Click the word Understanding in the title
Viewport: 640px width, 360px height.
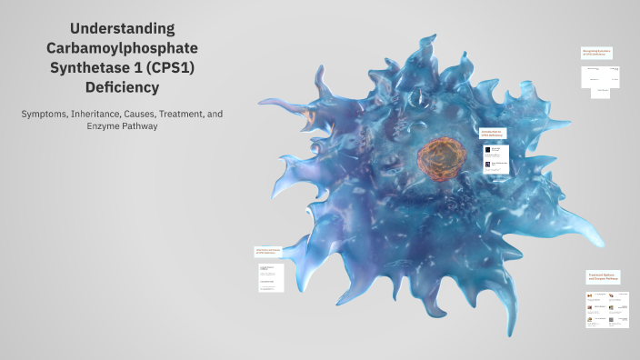tap(122, 29)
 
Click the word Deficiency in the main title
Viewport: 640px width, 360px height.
tap(122, 88)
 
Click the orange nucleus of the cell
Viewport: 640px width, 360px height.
tap(442, 155)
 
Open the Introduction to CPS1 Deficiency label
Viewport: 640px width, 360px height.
tap(492, 133)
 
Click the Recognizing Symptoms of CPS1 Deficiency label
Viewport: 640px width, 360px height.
tap(595, 54)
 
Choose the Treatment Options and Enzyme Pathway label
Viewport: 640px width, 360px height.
tap(603, 277)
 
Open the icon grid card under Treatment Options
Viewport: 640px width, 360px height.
tap(605, 309)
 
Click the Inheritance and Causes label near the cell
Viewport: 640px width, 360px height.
tap(268, 252)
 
